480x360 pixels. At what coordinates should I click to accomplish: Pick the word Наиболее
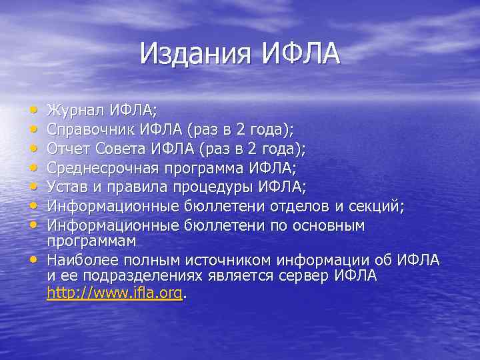(81, 259)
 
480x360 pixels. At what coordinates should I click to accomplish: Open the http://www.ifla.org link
(114, 292)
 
